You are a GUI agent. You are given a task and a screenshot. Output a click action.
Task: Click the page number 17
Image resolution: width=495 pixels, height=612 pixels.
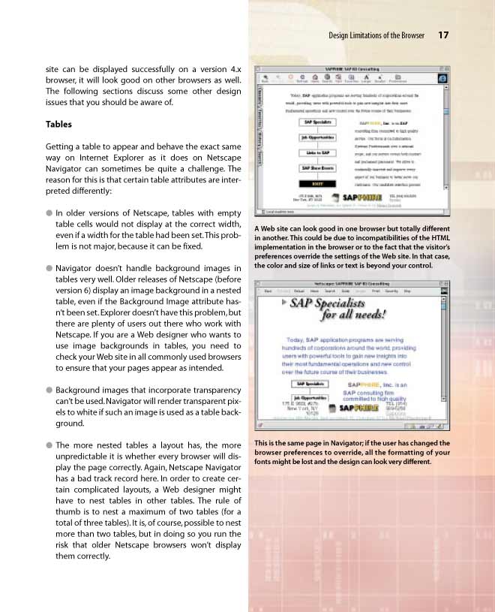(x=443, y=35)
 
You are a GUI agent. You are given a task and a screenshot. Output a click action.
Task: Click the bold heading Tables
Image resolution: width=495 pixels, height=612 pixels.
(x=58, y=124)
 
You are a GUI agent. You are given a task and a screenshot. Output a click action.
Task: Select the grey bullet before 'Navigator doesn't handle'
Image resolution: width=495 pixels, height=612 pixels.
(x=49, y=268)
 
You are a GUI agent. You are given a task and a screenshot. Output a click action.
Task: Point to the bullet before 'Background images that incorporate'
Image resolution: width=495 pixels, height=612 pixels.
(x=49, y=390)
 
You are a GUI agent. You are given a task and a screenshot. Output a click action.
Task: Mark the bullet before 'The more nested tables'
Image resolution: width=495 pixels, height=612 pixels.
(x=49, y=445)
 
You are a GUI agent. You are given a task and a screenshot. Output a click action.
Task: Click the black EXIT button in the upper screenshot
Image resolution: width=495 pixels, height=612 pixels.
(x=318, y=182)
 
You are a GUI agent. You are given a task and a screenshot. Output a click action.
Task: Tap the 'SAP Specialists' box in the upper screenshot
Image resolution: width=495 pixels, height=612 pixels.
(x=318, y=122)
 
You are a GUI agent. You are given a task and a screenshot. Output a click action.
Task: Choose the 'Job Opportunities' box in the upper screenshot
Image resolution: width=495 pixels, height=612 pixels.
(x=318, y=137)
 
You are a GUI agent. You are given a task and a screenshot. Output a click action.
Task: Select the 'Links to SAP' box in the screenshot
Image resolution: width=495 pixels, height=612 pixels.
(x=318, y=154)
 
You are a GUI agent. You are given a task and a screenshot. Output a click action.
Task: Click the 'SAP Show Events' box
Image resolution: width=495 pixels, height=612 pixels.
(x=318, y=170)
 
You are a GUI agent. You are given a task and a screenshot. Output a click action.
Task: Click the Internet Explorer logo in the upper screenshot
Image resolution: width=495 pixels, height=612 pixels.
(x=443, y=77)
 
